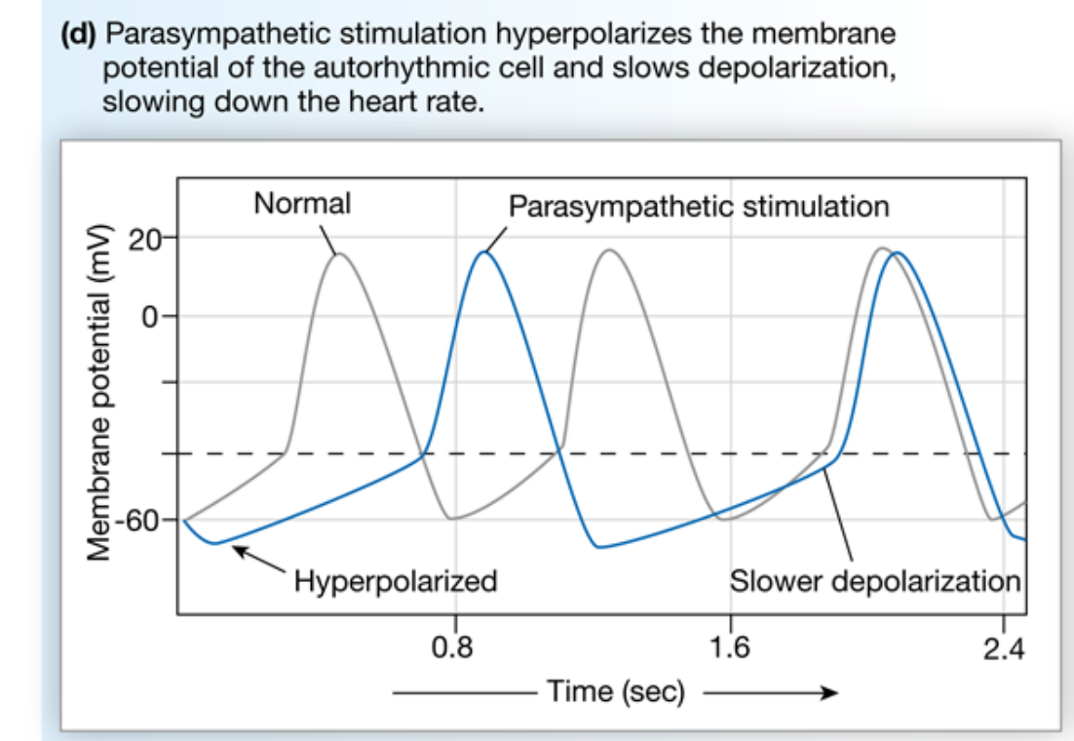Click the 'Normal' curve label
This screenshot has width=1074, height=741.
[302, 204]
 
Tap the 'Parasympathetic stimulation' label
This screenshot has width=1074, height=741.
[699, 206]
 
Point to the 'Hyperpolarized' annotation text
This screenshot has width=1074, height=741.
[396, 582]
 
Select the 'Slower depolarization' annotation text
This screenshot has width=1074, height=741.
[875, 582]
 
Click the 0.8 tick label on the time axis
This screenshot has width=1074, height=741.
[455, 648]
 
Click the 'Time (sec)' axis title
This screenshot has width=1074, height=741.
[616, 693]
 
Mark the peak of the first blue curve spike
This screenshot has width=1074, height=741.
[483, 253]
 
